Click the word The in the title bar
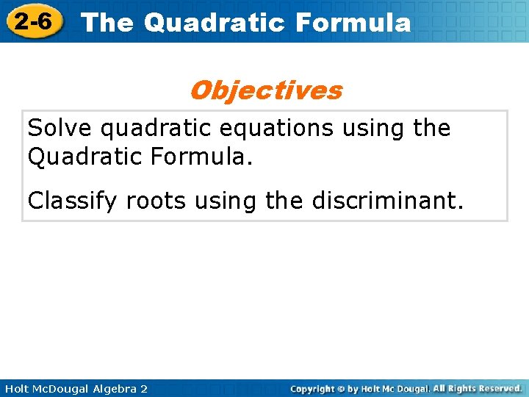[107, 23]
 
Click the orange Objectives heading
[265, 90]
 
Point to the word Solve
[60, 128]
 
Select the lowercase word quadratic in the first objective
[151, 129]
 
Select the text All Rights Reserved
[478, 388]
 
